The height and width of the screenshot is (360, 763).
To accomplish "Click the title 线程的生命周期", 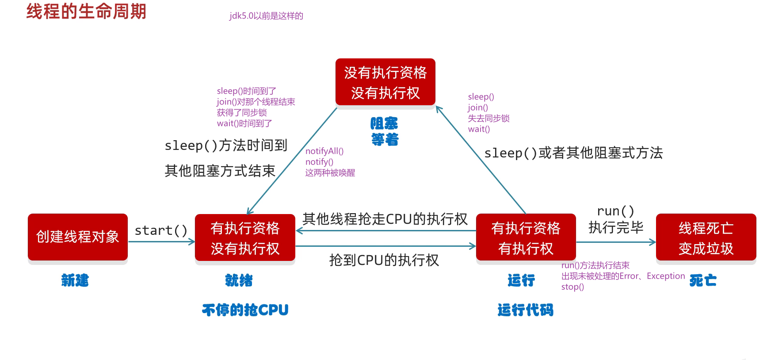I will [86, 11].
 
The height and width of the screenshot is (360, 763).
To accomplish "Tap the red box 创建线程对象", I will [78, 237].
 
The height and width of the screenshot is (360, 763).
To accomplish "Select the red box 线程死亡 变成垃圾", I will [706, 238].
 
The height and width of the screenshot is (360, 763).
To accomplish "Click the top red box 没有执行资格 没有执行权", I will [385, 82].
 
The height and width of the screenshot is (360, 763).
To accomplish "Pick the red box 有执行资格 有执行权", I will [526, 238].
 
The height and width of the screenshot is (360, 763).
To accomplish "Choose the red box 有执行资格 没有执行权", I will [245, 238].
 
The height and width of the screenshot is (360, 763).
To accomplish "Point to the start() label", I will [161, 230].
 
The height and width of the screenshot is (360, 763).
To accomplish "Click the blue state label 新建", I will [75, 280].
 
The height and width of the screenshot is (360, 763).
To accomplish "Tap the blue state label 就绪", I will [239, 280].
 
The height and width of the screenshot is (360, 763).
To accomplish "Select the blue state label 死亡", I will [703, 280].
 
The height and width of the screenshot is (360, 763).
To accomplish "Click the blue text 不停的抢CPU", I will [245, 310].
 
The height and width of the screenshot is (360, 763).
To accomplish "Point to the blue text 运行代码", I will [525, 310].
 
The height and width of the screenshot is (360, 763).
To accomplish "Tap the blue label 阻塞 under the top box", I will [384, 123].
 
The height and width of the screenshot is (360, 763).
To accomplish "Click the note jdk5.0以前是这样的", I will [266, 16].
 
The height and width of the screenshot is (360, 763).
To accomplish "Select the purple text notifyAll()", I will [324, 151].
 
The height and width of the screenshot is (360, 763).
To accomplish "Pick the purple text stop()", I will [572, 287].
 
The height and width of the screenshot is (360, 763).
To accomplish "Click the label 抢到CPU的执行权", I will [384, 260].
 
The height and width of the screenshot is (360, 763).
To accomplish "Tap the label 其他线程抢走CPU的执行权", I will [385, 219].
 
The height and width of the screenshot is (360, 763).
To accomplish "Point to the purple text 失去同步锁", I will [488, 119].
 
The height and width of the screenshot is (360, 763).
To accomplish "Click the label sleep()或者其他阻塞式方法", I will [573, 153].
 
